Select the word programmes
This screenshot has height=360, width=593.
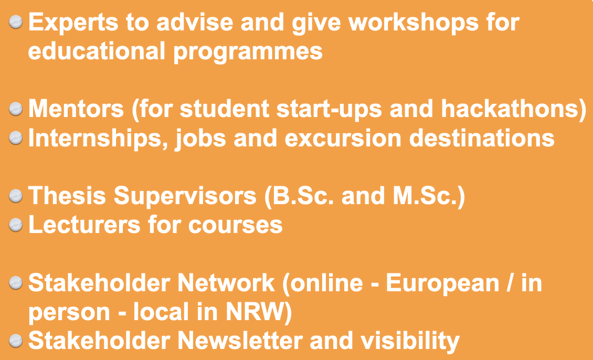tap(248, 52)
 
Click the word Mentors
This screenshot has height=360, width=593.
tap(76, 109)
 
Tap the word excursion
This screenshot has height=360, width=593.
tap(343, 139)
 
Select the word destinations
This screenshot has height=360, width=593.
tap(482, 138)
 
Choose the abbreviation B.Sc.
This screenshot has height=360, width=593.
tap(303, 196)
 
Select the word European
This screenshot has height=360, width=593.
tap(442, 284)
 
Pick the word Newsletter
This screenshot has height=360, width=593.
tap(240, 341)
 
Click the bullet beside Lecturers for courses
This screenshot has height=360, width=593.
tap(16, 225)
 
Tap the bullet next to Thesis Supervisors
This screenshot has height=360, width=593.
tap(16, 196)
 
